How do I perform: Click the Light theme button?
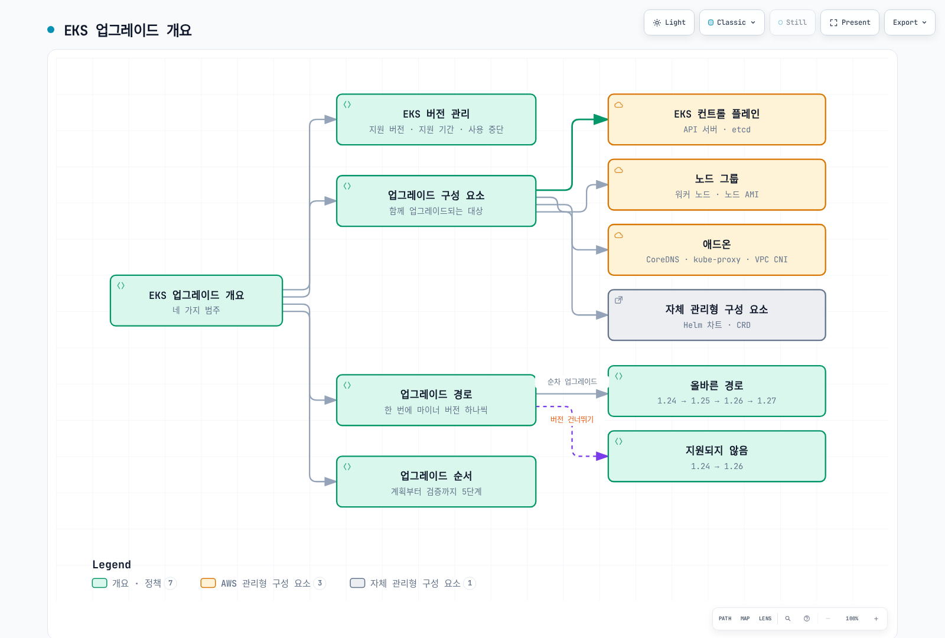pyautogui.click(x=669, y=22)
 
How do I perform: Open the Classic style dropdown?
pyautogui.click(x=732, y=22)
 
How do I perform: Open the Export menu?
pyautogui.click(x=909, y=22)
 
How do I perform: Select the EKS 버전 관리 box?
pyautogui.click(x=436, y=119)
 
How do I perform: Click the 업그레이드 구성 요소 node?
pyautogui.click(x=436, y=201)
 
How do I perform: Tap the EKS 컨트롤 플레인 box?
pyautogui.click(x=717, y=119)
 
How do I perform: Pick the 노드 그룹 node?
pyautogui.click(x=717, y=184)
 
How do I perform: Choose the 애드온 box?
pyautogui.click(x=717, y=250)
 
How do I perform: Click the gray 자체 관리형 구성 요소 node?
pyautogui.click(x=717, y=315)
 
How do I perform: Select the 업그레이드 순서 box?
pyautogui.click(x=436, y=481)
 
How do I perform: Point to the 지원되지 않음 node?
pyautogui.click(x=717, y=456)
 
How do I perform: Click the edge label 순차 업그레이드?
pyautogui.click(x=572, y=382)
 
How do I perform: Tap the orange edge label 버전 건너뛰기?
pyautogui.click(x=572, y=419)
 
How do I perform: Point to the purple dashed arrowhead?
pyautogui.click(x=602, y=456)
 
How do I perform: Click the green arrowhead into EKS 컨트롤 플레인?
pyautogui.click(x=600, y=119)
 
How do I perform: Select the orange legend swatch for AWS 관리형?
pyautogui.click(x=208, y=582)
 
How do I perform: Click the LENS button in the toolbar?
pyautogui.click(x=765, y=618)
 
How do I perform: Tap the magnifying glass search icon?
pyautogui.click(x=788, y=618)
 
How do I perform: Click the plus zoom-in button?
pyautogui.click(x=876, y=618)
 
